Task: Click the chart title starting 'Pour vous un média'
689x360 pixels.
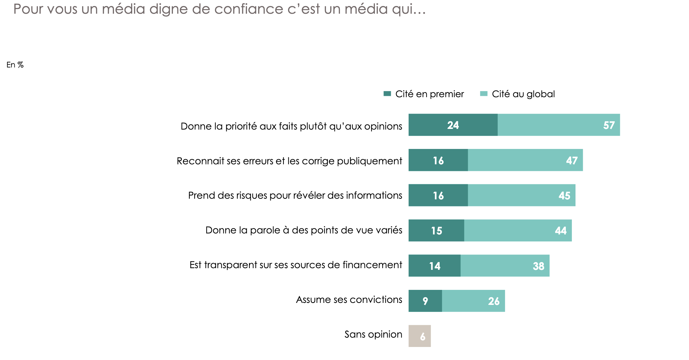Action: [219, 9]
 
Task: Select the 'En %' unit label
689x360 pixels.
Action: [15, 65]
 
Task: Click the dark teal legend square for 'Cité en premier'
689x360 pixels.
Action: [387, 94]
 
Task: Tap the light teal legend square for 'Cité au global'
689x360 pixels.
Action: [484, 94]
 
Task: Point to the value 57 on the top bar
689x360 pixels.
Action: [609, 125]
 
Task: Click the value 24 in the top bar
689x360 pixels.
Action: [453, 125]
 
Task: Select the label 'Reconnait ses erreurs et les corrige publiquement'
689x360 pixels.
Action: [289, 161]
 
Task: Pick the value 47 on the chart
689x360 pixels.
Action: [571, 161]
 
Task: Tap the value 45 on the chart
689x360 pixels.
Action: [564, 196]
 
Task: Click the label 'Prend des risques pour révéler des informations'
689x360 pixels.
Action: [295, 195]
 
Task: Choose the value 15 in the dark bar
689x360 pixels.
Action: [436, 231]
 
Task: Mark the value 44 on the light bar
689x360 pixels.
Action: [560, 231]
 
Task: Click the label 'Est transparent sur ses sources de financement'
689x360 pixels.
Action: [296, 265]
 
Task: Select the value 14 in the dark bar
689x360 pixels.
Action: [435, 266]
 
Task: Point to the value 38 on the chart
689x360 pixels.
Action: [538, 266]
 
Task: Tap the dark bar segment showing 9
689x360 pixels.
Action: [425, 301]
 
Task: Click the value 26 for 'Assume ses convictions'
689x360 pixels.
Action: [493, 301]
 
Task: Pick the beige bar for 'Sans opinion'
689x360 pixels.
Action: [420, 336]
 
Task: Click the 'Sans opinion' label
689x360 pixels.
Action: [373, 334]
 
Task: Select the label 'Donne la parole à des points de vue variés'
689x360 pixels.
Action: [304, 230]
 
